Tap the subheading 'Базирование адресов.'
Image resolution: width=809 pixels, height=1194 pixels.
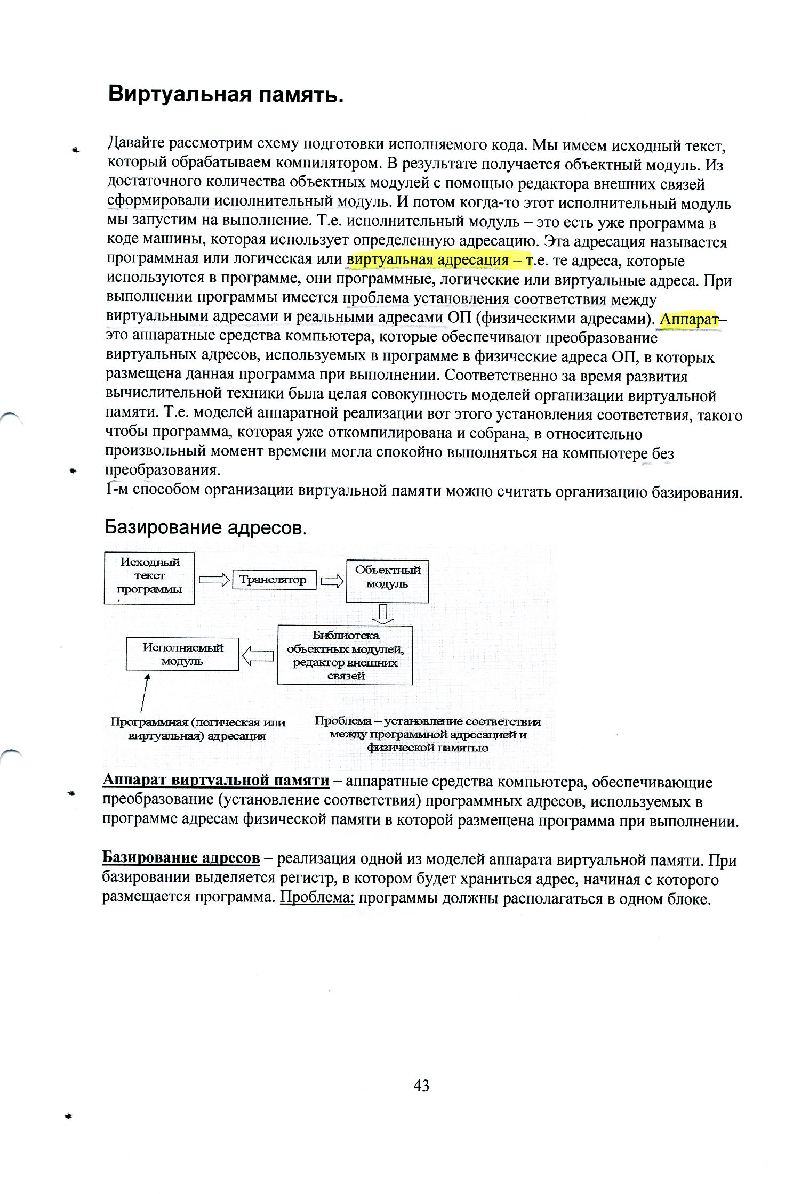pyautogui.click(x=205, y=527)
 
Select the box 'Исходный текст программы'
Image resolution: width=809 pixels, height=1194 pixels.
pyautogui.click(x=149, y=578)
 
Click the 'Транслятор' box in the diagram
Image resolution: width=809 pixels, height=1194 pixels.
pyautogui.click(x=274, y=580)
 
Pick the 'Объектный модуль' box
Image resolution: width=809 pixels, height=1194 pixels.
pyautogui.click(x=387, y=581)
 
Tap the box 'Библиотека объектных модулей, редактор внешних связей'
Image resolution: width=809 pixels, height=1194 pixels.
pyautogui.click(x=345, y=655)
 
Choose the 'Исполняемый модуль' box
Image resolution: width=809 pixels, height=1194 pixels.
pyautogui.click(x=182, y=654)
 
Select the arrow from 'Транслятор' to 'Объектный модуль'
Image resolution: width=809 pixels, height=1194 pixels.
pyautogui.click(x=331, y=580)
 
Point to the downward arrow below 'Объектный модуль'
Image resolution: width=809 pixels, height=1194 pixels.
pyautogui.click(x=383, y=614)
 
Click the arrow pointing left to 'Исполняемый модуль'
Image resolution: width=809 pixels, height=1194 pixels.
pyautogui.click(x=258, y=656)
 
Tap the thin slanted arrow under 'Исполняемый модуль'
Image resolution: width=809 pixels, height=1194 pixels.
pyautogui.click(x=144, y=693)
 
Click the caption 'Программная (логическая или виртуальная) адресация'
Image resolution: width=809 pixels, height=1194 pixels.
pyautogui.click(x=198, y=729)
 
